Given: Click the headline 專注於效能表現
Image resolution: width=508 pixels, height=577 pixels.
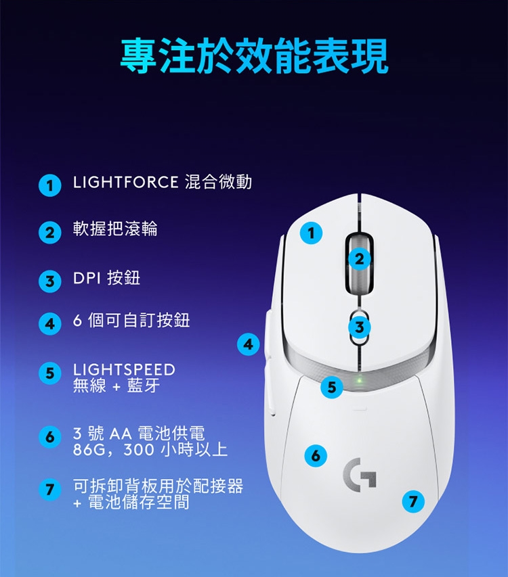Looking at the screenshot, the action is [x=254, y=55].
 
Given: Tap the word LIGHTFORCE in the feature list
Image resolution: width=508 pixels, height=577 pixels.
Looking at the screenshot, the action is [x=125, y=182].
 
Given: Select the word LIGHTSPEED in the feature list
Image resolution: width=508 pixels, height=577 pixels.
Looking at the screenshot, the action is [x=124, y=370].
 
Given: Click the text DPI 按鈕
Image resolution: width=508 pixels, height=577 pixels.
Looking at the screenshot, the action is [x=106, y=278].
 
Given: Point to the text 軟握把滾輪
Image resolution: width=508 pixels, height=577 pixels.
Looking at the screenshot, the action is [x=115, y=229].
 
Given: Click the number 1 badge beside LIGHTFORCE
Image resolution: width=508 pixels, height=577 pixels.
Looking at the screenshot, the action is [x=49, y=185].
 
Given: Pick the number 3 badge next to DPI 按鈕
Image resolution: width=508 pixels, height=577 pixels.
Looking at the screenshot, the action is [x=49, y=281].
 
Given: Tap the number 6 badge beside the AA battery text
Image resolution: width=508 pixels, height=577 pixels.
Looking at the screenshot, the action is [x=49, y=437].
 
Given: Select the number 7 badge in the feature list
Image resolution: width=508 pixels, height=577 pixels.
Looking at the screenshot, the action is [x=49, y=490].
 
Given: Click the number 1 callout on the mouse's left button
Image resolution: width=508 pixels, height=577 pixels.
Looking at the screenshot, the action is [x=312, y=233].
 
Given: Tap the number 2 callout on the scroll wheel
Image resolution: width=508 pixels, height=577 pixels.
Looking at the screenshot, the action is [x=360, y=258].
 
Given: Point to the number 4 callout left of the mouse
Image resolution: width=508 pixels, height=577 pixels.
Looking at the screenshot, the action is [x=249, y=344].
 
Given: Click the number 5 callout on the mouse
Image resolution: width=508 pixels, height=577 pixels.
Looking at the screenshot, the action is [x=331, y=387].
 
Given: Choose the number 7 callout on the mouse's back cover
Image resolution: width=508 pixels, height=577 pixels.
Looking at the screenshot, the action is [x=413, y=501].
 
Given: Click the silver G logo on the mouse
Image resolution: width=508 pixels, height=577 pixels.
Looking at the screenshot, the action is [x=359, y=475].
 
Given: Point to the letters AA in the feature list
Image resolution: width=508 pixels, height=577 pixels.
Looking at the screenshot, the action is [x=121, y=434].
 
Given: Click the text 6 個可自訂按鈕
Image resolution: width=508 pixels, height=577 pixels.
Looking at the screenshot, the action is [x=131, y=320].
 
